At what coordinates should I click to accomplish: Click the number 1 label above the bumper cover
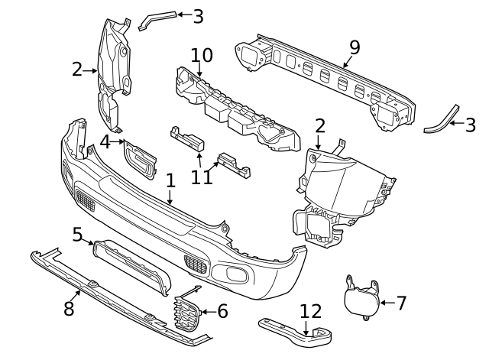click(170, 181)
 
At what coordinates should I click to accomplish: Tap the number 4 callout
click(105, 141)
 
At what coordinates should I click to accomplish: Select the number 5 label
click(77, 234)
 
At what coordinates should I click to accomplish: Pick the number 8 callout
click(68, 308)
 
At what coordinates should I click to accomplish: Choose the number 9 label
click(354, 48)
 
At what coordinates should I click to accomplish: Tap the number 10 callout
click(201, 56)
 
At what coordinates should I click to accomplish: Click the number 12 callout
click(311, 312)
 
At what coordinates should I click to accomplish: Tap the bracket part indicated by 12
click(298, 331)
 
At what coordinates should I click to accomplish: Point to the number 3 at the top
click(198, 15)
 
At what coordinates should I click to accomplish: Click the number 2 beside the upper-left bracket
click(76, 70)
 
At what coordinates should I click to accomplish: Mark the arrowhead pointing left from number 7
click(382, 303)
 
